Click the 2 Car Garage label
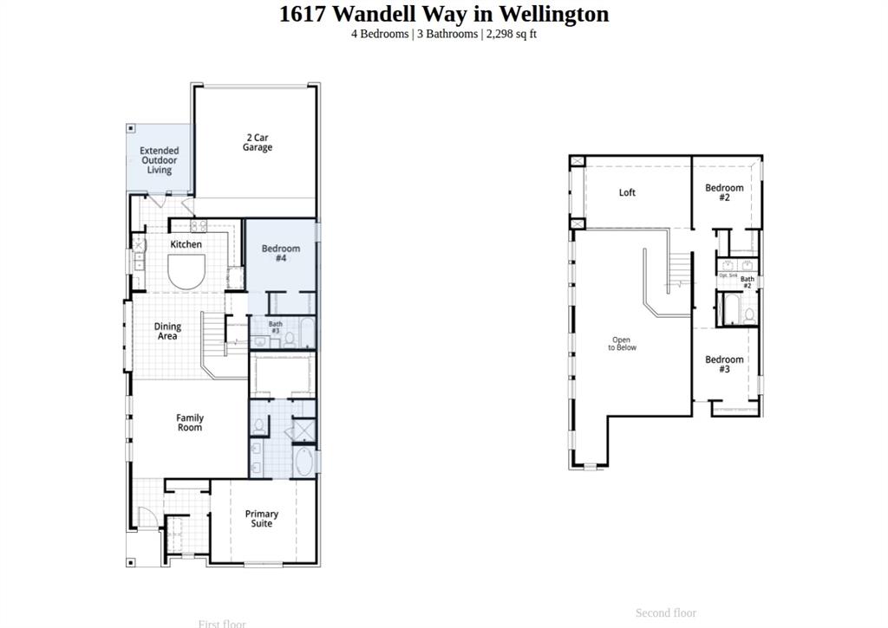(257, 142)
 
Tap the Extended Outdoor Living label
(160, 160)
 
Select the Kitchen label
(186, 244)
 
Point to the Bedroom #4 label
(281, 253)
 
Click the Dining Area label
(167, 331)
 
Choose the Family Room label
(190, 423)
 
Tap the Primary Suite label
(261, 519)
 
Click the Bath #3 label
(275, 327)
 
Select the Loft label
(627, 192)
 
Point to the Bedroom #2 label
(724, 192)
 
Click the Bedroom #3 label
(724, 364)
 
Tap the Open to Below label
(622, 344)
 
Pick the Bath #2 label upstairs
(747, 282)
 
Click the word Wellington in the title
(563, 14)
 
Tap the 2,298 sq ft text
(512, 34)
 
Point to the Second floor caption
(665, 612)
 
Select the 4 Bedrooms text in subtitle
(379, 34)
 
